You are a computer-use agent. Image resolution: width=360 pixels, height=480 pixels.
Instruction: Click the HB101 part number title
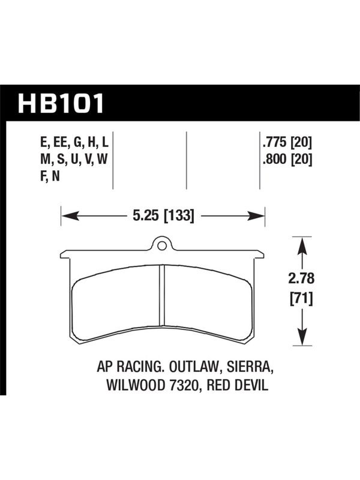(61, 103)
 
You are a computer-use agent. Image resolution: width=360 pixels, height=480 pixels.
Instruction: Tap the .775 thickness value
(274, 142)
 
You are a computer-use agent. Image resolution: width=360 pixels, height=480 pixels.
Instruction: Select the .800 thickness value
(274, 159)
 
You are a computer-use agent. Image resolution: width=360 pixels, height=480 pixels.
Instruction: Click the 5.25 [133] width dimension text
(163, 216)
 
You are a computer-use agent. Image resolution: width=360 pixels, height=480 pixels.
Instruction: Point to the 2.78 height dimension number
(302, 278)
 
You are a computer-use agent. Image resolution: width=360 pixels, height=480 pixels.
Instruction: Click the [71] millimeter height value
(302, 298)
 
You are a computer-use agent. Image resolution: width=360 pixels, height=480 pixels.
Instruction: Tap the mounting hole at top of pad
(162, 245)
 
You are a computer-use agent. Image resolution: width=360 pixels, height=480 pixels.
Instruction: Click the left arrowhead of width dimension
(70, 216)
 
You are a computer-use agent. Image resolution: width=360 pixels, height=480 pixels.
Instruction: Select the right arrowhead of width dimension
(257, 216)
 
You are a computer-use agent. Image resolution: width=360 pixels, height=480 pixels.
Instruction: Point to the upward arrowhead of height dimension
(302, 246)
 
